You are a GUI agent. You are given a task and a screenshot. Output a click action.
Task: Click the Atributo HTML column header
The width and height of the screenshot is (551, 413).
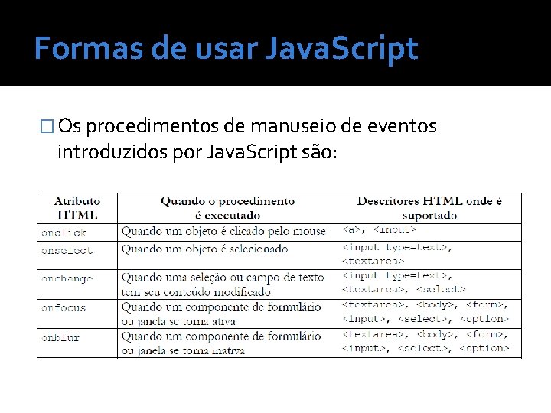(x=77, y=208)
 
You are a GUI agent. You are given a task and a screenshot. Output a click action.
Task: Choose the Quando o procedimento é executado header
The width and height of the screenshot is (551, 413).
(x=227, y=208)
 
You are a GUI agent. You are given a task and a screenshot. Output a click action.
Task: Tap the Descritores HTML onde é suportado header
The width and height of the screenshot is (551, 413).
(x=429, y=208)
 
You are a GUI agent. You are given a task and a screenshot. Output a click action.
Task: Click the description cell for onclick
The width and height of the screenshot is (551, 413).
(x=223, y=231)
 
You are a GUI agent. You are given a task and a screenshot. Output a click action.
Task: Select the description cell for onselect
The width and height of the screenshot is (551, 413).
(x=204, y=249)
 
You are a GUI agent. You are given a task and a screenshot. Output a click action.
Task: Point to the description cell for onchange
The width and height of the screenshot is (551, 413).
(x=223, y=284)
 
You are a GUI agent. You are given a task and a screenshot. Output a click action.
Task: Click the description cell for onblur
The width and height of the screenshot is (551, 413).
(x=221, y=343)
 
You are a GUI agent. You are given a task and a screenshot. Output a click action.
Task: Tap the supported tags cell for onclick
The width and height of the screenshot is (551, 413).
(x=379, y=229)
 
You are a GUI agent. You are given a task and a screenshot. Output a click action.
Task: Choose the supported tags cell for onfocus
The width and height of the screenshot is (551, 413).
(x=425, y=313)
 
